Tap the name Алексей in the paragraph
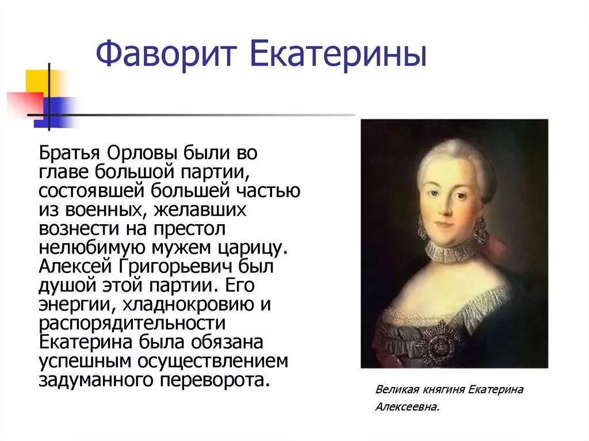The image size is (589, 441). (75, 267)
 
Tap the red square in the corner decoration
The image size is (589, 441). (26, 103)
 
